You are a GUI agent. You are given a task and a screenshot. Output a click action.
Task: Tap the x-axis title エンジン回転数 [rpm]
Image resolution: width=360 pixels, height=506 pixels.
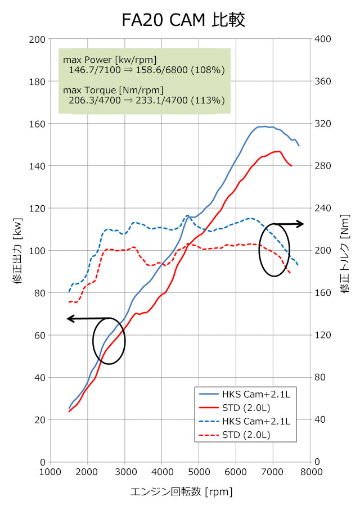click(x=181, y=492)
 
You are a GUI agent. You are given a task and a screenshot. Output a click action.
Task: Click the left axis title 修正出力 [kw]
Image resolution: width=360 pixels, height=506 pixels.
click(x=17, y=250)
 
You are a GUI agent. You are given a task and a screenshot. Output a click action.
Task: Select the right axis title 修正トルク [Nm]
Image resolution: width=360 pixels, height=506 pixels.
click(x=344, y=250)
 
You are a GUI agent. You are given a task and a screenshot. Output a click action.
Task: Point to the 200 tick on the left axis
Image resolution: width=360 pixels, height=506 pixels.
click(x=38, y=39)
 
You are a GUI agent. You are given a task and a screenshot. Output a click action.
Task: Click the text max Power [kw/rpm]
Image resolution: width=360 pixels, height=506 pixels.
click(x=110, y=60)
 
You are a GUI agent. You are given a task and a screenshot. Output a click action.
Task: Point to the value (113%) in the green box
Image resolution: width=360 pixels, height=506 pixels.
click(x=208, y=101)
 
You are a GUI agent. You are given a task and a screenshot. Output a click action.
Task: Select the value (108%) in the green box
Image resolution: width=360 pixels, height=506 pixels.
click(x=208, y=70)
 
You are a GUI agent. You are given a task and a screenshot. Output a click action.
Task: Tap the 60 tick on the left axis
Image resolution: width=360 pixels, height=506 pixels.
click(x=40, y=335)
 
